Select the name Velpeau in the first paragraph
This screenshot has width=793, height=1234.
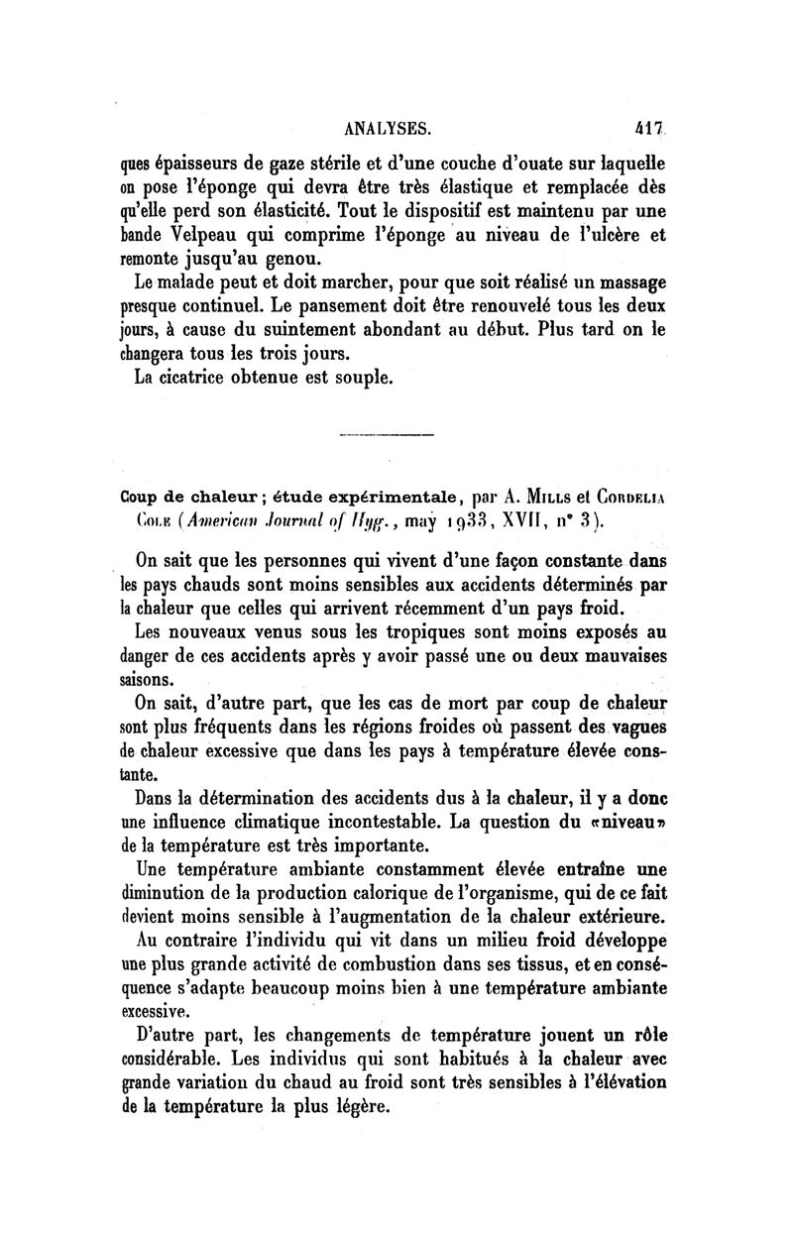coord(205,236)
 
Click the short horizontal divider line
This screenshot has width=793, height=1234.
coord(386,437)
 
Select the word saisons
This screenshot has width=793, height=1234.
coord(149,680)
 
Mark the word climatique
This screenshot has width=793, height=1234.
coord(280,822)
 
